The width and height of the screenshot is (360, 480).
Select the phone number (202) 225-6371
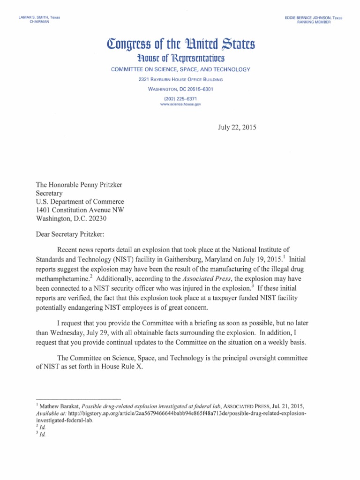point(180,98)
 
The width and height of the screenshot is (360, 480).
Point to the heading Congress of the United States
point(180,46)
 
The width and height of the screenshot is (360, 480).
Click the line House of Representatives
point(180,59)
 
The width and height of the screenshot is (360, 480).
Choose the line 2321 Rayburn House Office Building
point(180,80)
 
